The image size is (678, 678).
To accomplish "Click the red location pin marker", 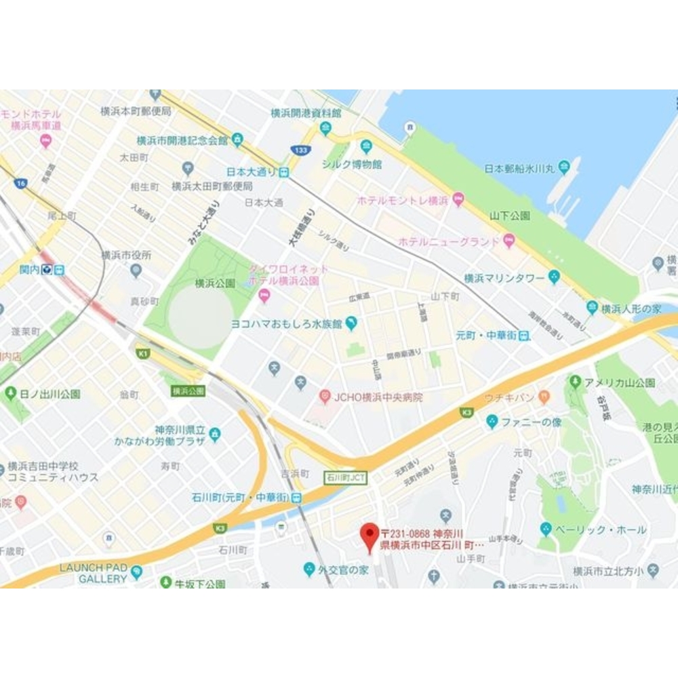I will tap(370, 536).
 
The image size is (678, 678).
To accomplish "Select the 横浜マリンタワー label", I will tap(504, 278).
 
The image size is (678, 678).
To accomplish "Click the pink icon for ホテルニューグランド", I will tap(509, 241).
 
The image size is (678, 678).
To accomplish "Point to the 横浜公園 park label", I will tap(214, 283).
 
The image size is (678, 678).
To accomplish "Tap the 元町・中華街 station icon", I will tap(525, 336).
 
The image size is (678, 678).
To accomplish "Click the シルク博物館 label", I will tap(351, 164).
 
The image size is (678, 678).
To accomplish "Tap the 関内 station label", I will tap(29, 269).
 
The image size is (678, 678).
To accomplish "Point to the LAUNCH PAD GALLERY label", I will tap(94, 573).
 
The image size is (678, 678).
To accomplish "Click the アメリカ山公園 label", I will tap(621, 382).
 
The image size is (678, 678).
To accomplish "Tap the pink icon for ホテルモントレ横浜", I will tap(458, 200).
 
